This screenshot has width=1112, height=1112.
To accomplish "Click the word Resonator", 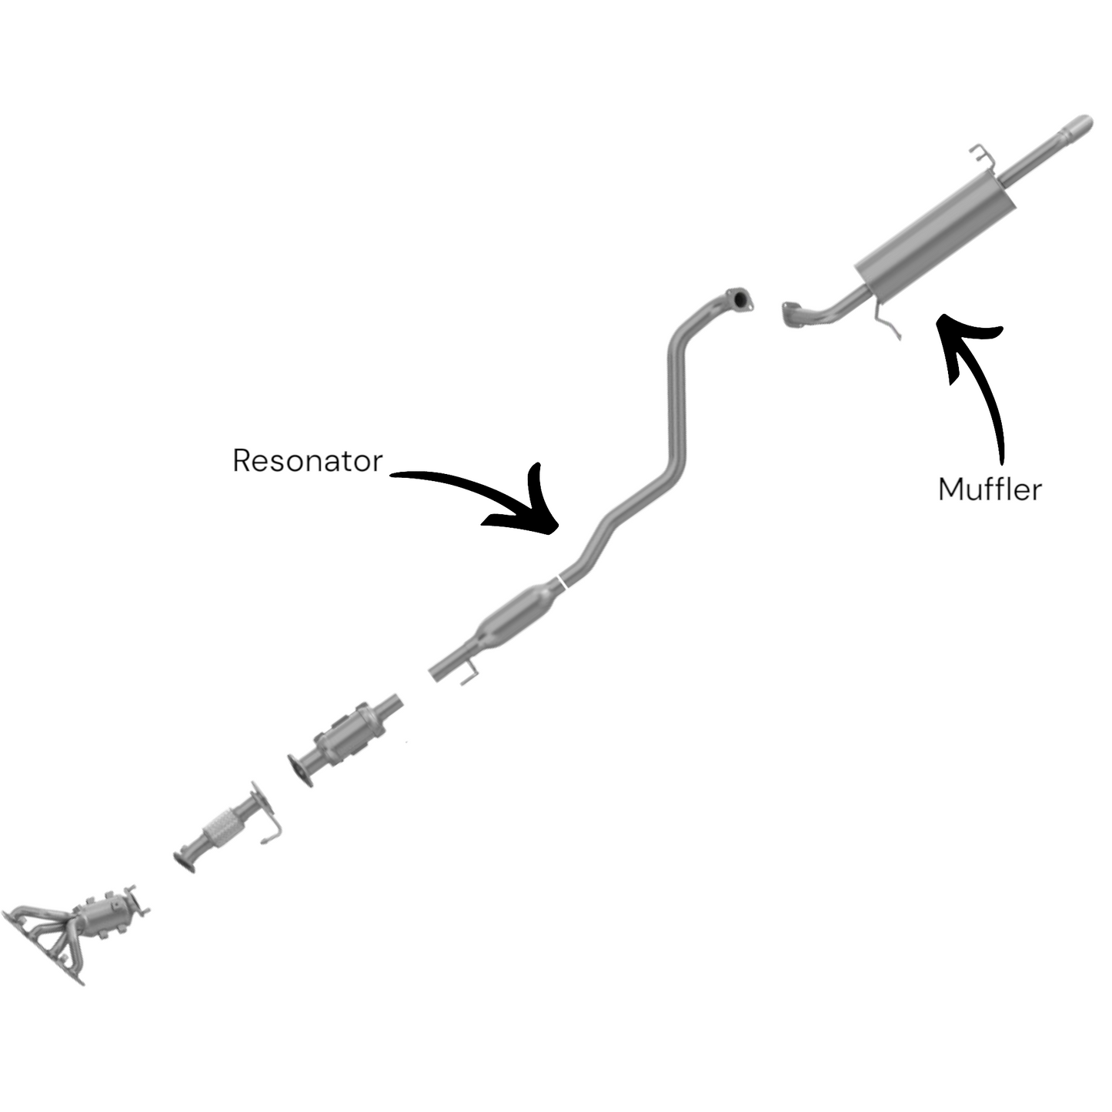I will click(307, 460).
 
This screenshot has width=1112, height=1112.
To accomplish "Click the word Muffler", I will click(990, 489).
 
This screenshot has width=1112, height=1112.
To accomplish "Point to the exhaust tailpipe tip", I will click(1077, 127).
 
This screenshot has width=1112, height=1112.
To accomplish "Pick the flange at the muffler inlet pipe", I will click(791, 315).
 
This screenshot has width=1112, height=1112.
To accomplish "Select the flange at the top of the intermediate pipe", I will click(740, 299).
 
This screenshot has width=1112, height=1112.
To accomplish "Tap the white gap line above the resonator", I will click(563, 582).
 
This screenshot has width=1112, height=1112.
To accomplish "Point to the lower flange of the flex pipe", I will click(185, 861).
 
